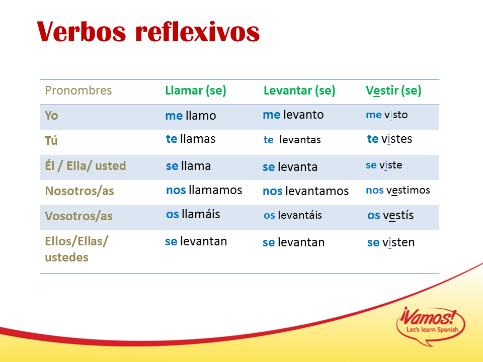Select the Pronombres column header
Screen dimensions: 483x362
pos(78,90)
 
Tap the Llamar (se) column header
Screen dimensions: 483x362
pos(196,91)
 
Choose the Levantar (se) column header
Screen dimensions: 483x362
pos(299,91)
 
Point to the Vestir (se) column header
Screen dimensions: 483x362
pos(393,91)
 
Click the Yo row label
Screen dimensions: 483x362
pos(51,116)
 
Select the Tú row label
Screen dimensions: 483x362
pos(51,140)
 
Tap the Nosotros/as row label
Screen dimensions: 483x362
pos(79,191)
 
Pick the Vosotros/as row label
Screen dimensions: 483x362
pos(78,216)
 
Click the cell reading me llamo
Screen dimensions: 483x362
pos(191,116)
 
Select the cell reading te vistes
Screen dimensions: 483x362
pos(389,139)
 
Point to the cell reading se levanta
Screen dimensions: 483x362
pos(290,167)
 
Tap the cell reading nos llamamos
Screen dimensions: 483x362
pos(204,190)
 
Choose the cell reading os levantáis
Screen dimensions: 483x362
pos(293,215)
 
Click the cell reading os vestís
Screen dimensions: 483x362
pos(390,215)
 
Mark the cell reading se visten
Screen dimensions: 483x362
pos(391,242)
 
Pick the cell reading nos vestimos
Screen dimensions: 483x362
pos(397,190)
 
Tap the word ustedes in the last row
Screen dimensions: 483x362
pos(66,257)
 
